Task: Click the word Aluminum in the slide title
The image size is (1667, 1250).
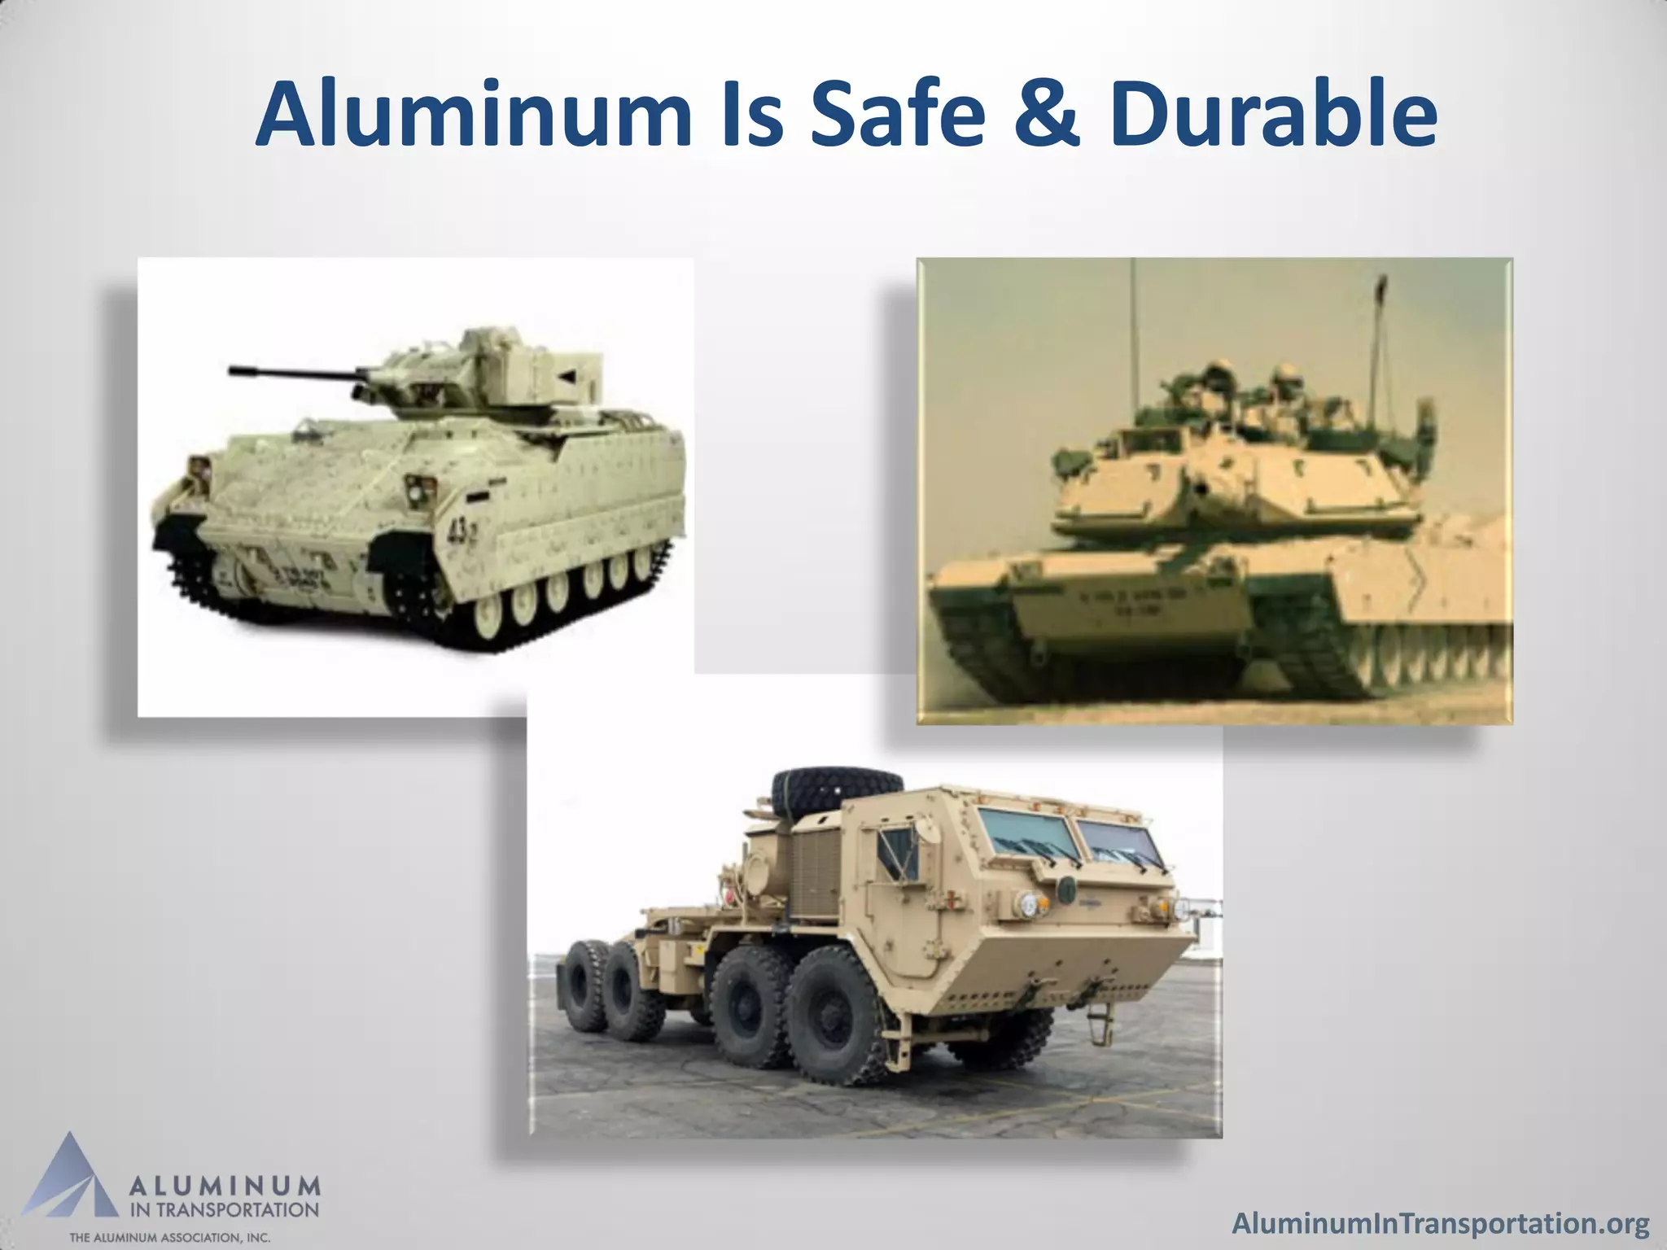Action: (473, 118)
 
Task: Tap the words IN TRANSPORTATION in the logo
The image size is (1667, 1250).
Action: (225, 1208)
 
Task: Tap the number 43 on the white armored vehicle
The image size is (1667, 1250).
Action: (459, 533)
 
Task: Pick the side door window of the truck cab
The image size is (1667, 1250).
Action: (896, 846)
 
